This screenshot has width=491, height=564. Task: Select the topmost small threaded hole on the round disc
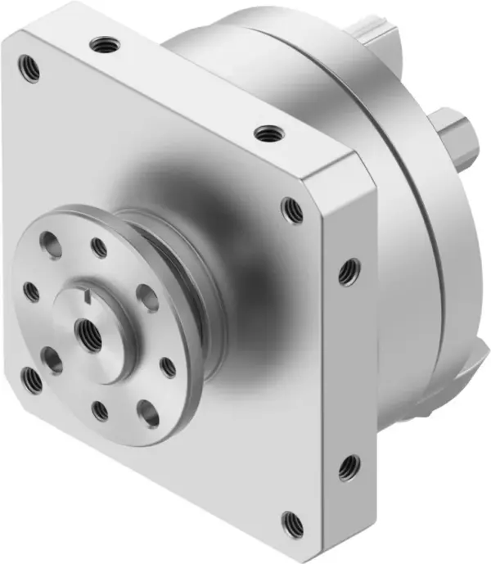click(99, 246)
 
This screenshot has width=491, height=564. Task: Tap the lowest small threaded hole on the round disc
click(100, 410)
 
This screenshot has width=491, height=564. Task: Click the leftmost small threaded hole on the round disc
click(32, 291)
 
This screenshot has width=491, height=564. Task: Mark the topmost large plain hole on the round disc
click(51, 244)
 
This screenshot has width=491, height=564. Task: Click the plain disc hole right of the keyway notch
click(147, 298)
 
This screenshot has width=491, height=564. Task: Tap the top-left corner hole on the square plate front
click(29, 68)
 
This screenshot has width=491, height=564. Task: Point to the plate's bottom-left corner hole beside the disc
click(33, 379)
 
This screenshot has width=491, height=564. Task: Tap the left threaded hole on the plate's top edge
click(104, 43)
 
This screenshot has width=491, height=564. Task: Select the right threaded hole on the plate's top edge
click(266, 133)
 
